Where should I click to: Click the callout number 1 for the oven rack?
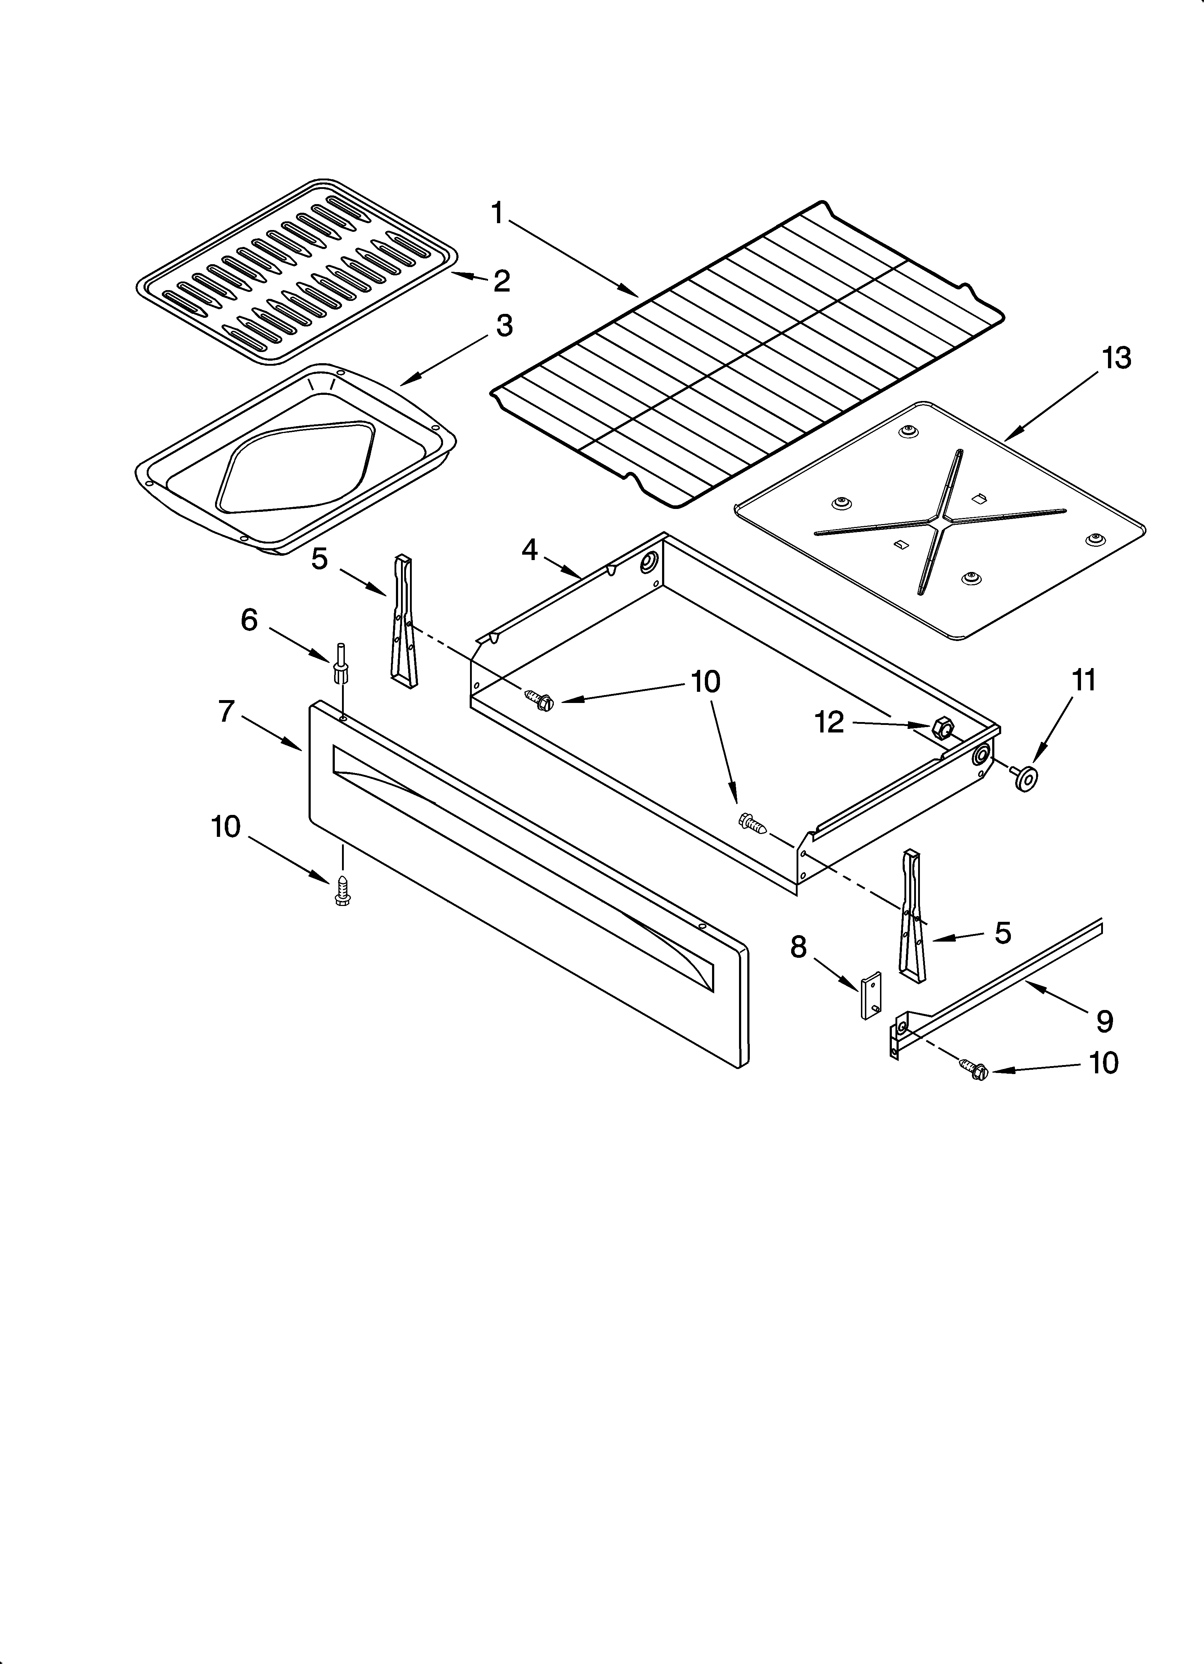[497, 213]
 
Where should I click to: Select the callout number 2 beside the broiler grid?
[502, 281]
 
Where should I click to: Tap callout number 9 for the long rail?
[1104, 1020]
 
